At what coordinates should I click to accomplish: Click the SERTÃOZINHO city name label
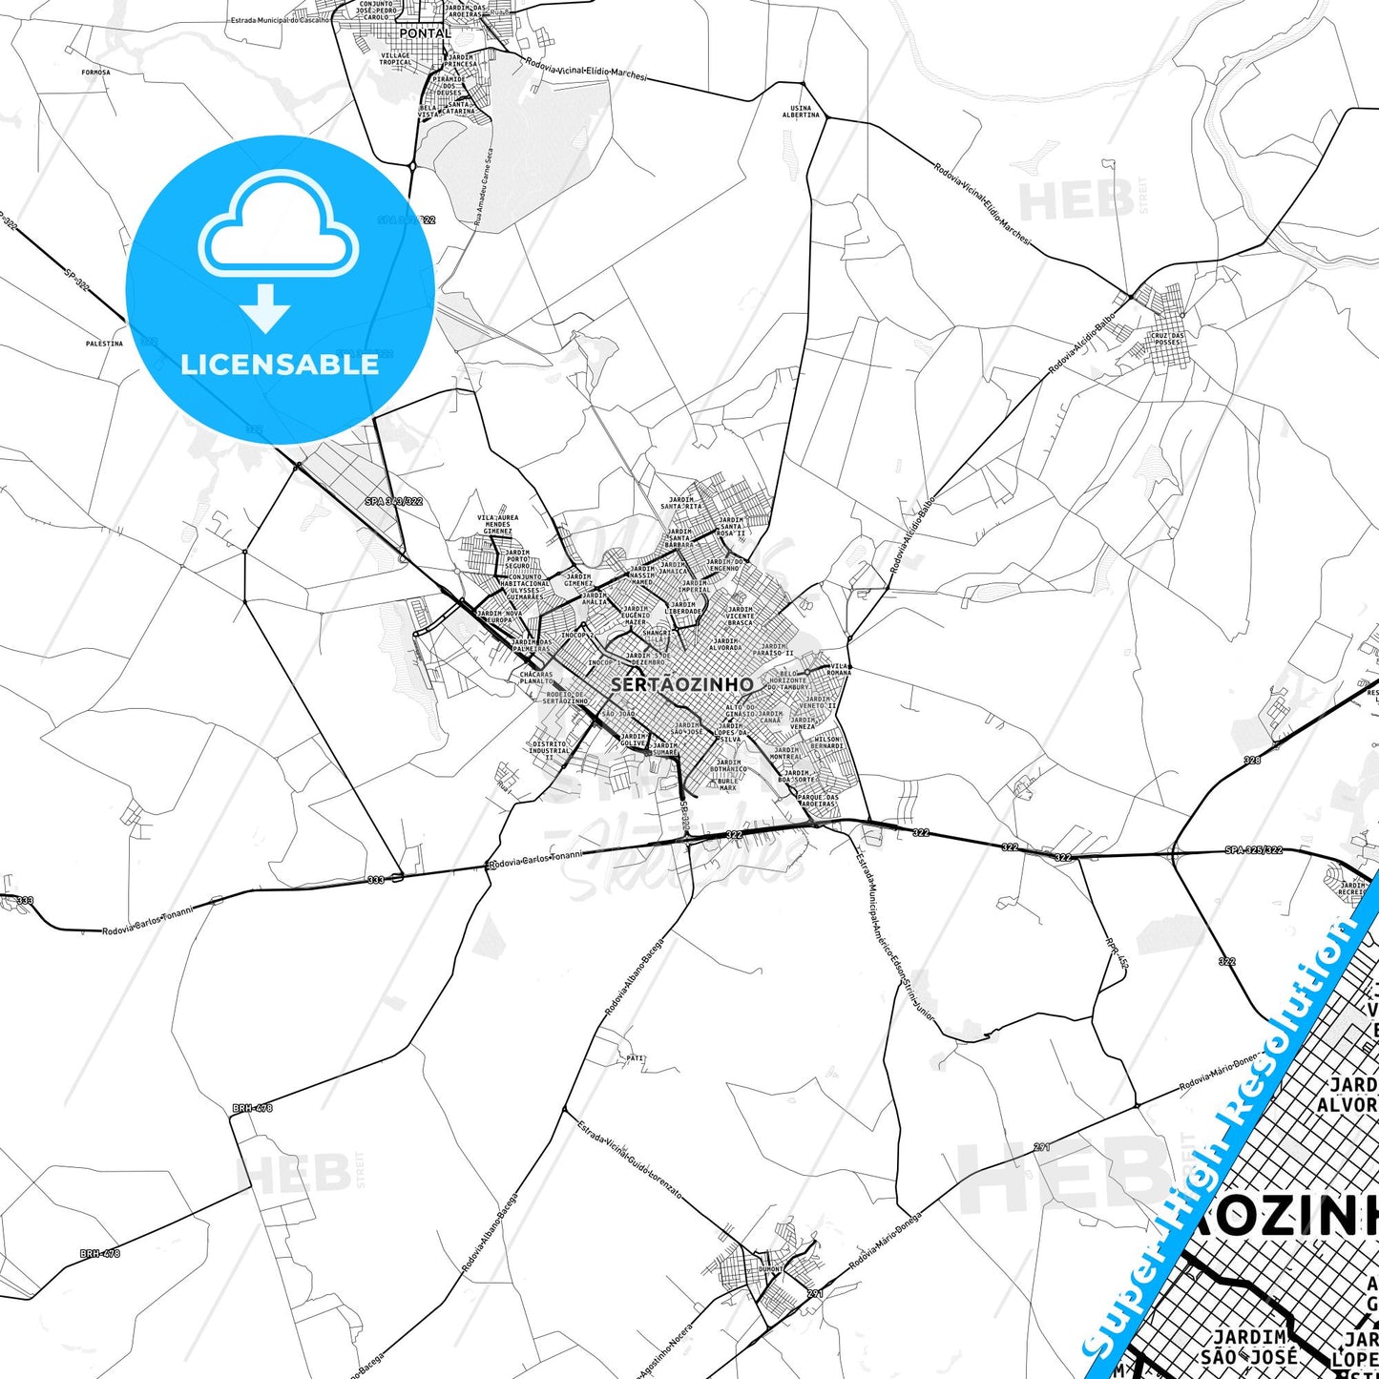[x=681, y=684]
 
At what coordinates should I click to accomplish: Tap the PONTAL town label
[x=425, y=33]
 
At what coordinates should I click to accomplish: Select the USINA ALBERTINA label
[x=801, y=112]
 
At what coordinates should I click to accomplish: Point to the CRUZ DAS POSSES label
[x=1167, y=339]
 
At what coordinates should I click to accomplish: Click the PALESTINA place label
[x=104, y=344]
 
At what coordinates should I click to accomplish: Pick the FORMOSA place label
[x=95, y=73]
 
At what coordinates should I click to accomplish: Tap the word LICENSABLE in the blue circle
[x=280, y=364]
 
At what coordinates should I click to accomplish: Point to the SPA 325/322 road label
[x=1253, y=850]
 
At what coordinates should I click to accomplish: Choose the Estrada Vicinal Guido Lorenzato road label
[x=629, y=1159]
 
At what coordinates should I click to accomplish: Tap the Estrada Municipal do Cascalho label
[x=279, y=19]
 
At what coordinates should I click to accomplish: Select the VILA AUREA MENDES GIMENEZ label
[x=497, y=524]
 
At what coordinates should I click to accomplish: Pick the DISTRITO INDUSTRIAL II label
[x=549, y=750]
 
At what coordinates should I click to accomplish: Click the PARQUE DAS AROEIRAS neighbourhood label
[x=818, y=800]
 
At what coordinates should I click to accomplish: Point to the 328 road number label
[x=1252, y=761]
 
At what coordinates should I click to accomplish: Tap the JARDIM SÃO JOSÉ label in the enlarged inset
[x=1249, y=1347]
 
